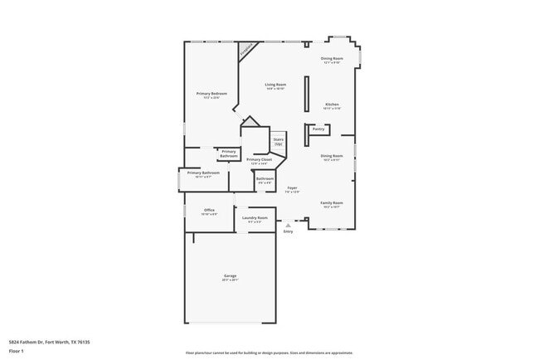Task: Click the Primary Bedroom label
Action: click(x=211, y=95)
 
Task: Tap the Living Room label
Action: click(x=275, y=85)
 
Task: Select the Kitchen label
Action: click(x=332, y=105)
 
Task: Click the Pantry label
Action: click(x=318, y=129)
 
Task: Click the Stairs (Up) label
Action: click(x=279, y=142)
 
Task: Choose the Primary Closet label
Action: click(x=259, y=160)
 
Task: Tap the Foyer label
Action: click(x=292, y=189)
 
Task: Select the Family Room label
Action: click(x=332, y=204)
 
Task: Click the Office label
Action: click(x=209, y=212)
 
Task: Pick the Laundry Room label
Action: click(x=255, y=220)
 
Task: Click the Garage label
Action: click(x=230, y=277)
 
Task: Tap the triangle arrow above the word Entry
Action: click(x=288, y=225)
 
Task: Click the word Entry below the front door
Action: click(x=288, y=231)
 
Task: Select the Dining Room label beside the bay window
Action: click(x=332, y=60)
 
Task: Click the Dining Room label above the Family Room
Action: click(x=332, y=157)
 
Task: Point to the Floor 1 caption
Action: click(x=16, y=351)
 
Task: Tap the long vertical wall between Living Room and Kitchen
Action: click(x=307, y=100)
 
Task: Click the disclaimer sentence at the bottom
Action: click(x=269, y=352)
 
